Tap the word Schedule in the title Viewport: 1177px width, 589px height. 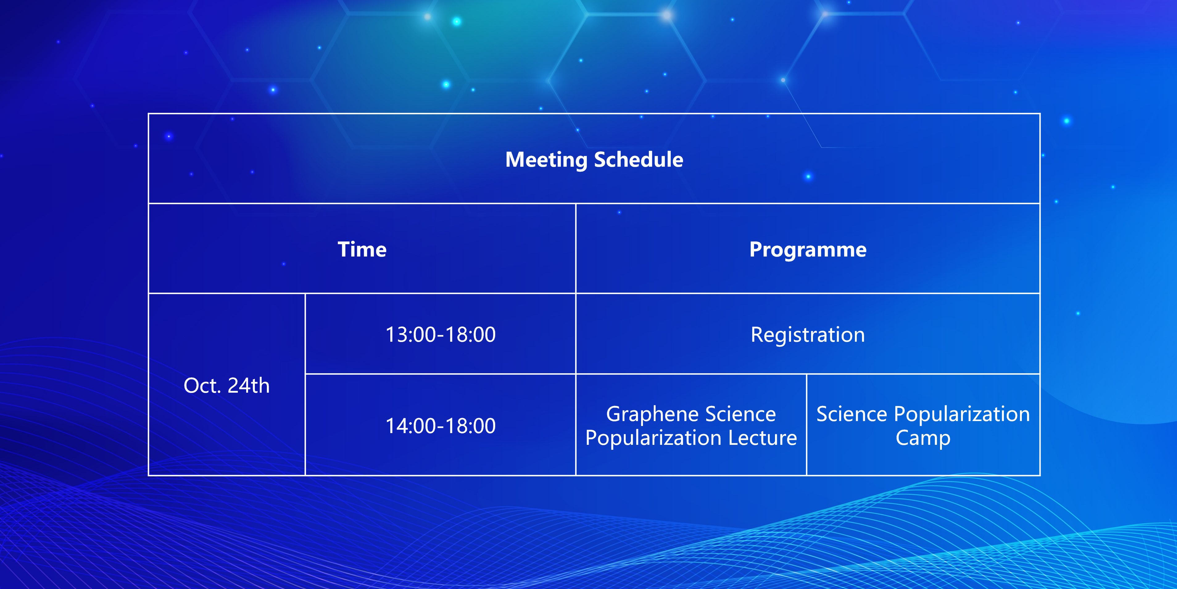click(639, 160)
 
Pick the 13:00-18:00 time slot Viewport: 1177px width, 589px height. click(441, 334)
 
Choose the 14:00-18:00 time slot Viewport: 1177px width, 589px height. click(441, 426)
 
